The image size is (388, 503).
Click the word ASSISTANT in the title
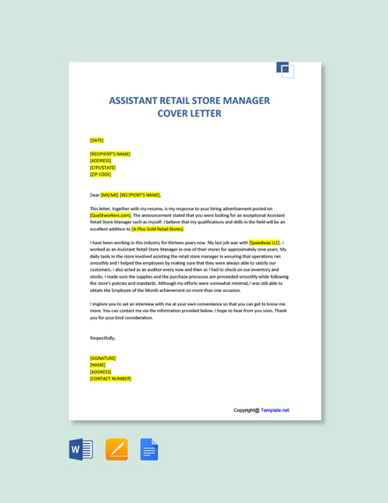(x=138, y=101)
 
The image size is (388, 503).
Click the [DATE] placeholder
(x=97, y=140)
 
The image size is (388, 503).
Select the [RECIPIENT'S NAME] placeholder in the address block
(x=110, y=154)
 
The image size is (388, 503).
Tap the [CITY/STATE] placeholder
(x=103, y=168)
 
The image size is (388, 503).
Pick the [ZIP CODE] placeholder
(x=101, y=174)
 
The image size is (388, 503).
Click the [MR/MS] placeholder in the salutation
(x=109, y=195)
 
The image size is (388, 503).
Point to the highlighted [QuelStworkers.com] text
(x=110, y=214)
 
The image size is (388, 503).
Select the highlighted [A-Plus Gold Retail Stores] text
(x=158, y=229)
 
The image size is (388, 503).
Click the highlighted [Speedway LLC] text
(x=265, y=243)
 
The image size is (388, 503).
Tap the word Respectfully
(x=102, y=338)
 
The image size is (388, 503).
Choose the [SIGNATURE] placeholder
(x=103, y=358)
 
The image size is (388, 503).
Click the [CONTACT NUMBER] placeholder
(x=110, y=379)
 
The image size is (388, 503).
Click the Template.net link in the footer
(x=274, y=410)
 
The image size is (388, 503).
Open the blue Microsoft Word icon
(x=81, y=449)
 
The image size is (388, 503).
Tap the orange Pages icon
(x=116, y=449)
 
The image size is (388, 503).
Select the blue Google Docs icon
(x=149, y=449)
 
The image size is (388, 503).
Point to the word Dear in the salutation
(x=94, y=195)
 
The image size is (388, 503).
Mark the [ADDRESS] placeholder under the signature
(x=101, y=372)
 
